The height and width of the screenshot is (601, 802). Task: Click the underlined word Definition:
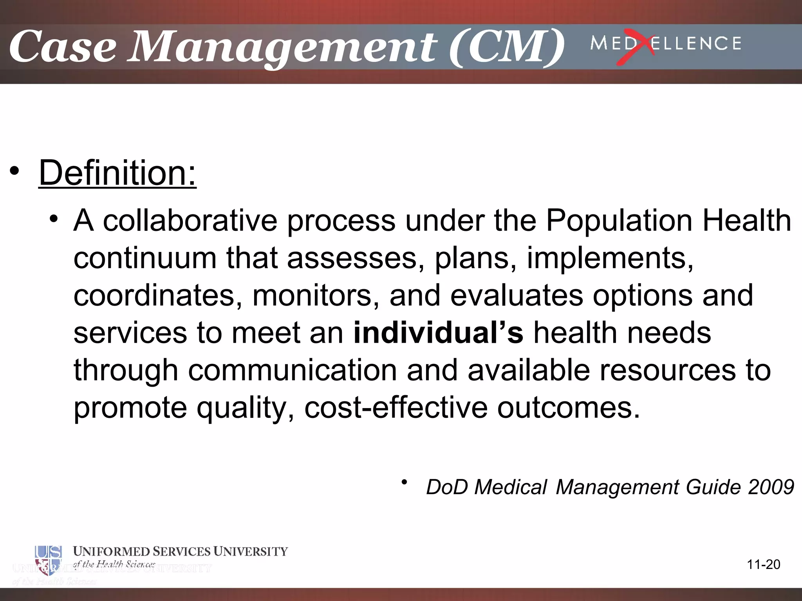[x=117, y=173]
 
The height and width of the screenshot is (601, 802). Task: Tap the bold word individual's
[x=438, y=333]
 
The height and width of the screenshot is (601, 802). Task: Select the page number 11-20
[x=763, y=565]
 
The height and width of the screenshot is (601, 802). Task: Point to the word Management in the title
[x=282, y=48]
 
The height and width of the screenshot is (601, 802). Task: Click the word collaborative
[x=190, y=221]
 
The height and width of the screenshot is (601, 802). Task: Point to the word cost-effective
[x=396, y=408]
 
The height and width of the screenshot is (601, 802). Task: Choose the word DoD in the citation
[x=447, y=488]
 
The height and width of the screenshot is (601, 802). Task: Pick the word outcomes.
[x=568, y=408]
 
